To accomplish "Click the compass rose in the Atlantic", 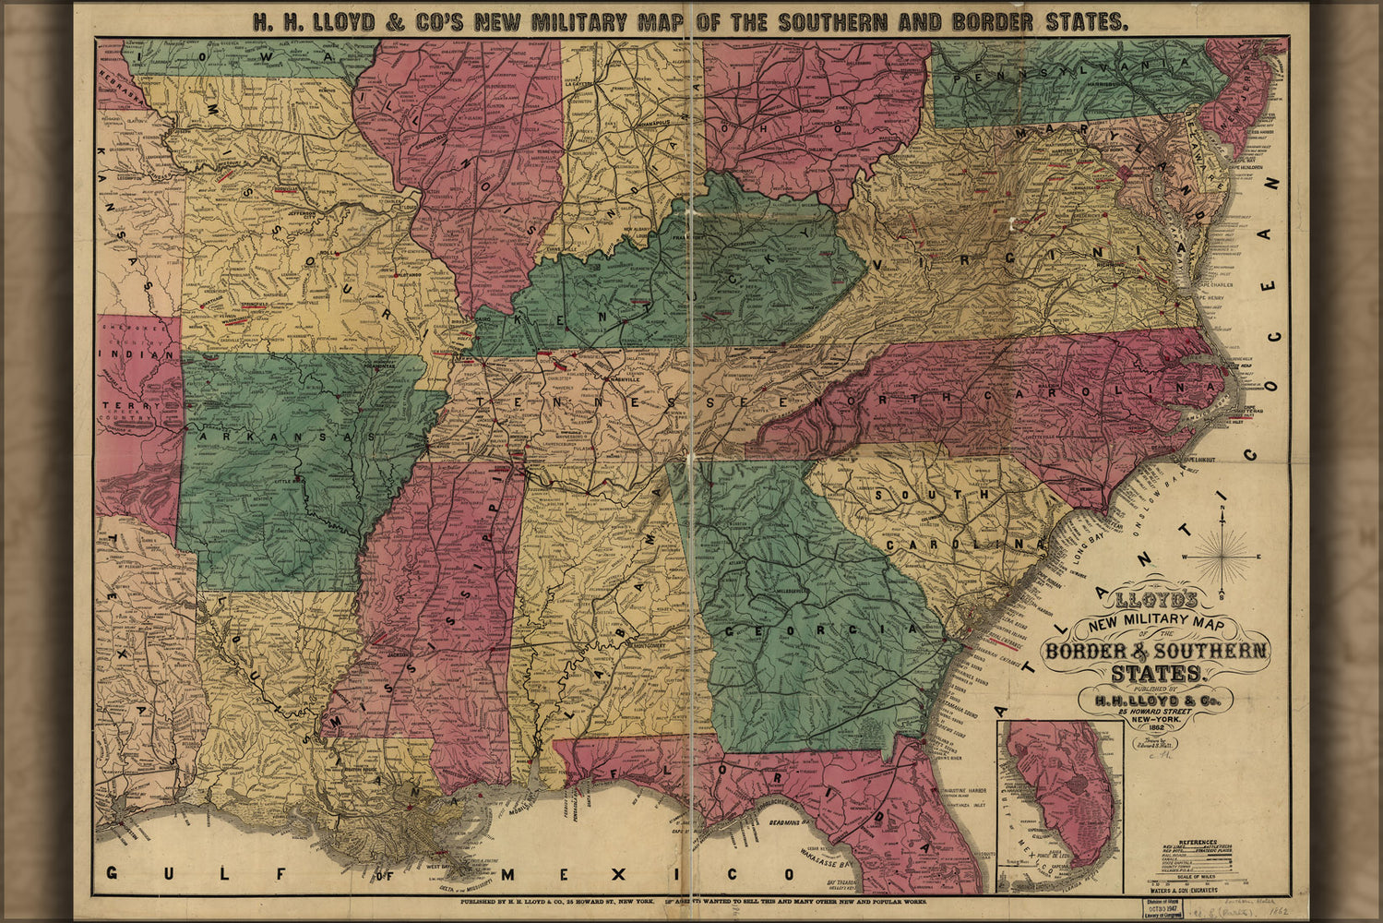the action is click(1222, 557).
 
